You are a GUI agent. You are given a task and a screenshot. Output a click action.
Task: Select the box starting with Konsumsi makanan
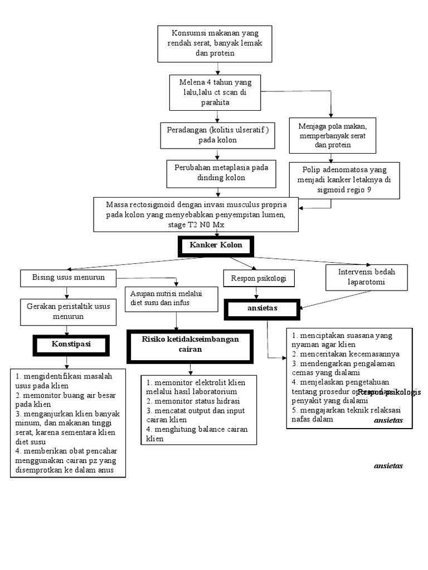point(215,43)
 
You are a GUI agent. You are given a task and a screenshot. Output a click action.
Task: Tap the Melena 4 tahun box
point(215,92)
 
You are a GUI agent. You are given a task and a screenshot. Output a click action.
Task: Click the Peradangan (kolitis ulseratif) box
point(217,135)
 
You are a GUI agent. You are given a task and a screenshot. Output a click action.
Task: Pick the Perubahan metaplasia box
point(221,173)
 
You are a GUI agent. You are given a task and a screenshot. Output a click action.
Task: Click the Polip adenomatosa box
point(344,179)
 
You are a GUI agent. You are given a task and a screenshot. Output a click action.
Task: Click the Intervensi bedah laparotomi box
point(367,277)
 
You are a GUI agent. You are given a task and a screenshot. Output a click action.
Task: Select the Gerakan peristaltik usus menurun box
point(68,312)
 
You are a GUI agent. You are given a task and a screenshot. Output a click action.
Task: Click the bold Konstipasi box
point(71,345)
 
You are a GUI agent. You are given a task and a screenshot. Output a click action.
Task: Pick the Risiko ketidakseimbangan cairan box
point(191,345)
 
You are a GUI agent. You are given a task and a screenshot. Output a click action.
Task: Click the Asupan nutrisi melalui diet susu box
point(173,298)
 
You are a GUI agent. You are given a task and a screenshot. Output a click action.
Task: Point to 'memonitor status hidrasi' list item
point(193,401)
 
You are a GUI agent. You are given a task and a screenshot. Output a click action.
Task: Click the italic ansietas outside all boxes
point(388,465)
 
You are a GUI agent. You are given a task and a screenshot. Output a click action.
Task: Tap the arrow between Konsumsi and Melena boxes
point(215,68)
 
